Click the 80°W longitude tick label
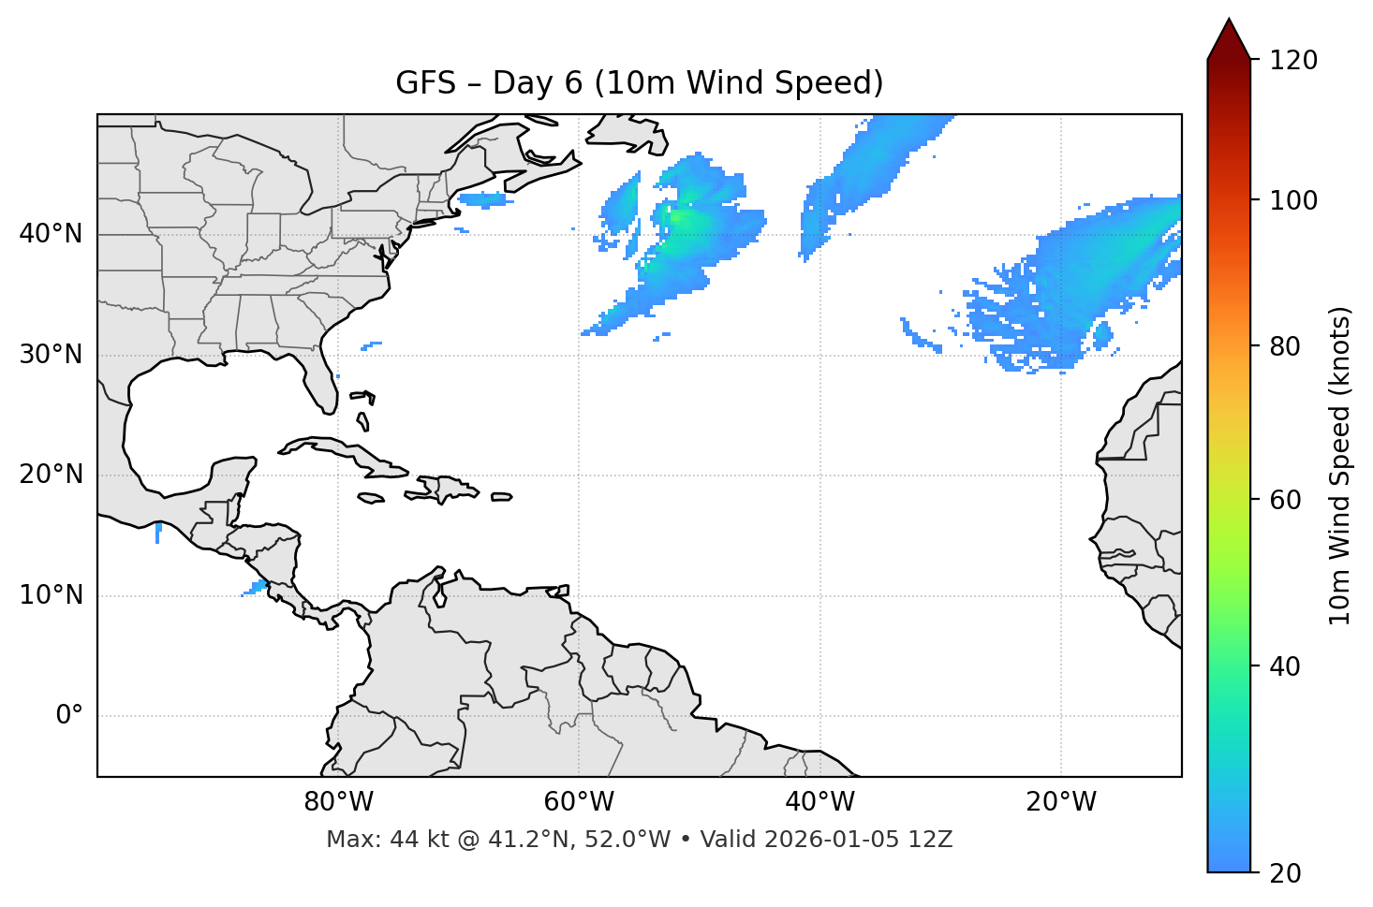[x=338, y=802]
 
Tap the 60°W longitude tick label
[x=579, y=802]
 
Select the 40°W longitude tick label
[x=819, y=802]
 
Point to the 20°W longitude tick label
[x=1060, y=802]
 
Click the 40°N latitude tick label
[x=51, y=234]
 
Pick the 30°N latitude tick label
[x=51, y=355]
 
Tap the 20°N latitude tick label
[x=51, y=475]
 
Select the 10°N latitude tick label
[x=51, y=595]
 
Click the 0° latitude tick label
[x=69, y=716]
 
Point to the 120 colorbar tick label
[x=1293, y=61]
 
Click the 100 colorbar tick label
[x=1293, y=200]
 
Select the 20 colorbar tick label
[x=1286, y=873]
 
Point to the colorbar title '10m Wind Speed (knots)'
[x=1340, y=466]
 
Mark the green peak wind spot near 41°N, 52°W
[x=675, y=218]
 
